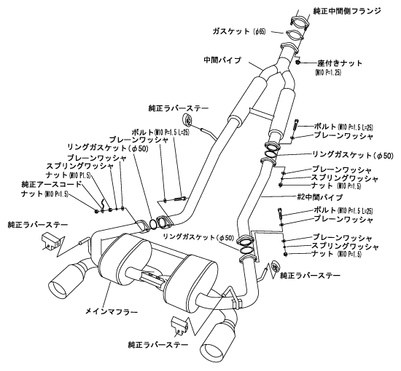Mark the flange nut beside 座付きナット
tap(300, 65)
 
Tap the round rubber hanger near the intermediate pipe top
tap(187, 121)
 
